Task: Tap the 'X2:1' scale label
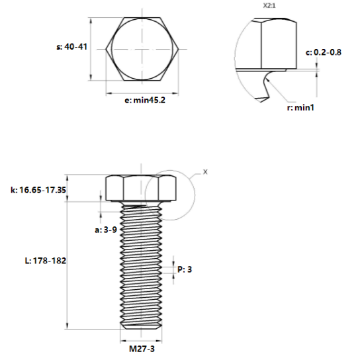(x=269, y=5)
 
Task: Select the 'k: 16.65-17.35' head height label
(x=38, y=190)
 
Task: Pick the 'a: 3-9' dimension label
(x=106, y=230)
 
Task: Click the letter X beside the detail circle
(x=205, y=172)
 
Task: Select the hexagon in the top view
(x=140, y=49)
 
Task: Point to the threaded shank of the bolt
(x=140, y=265)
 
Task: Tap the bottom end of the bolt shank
(x=140, y=327)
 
